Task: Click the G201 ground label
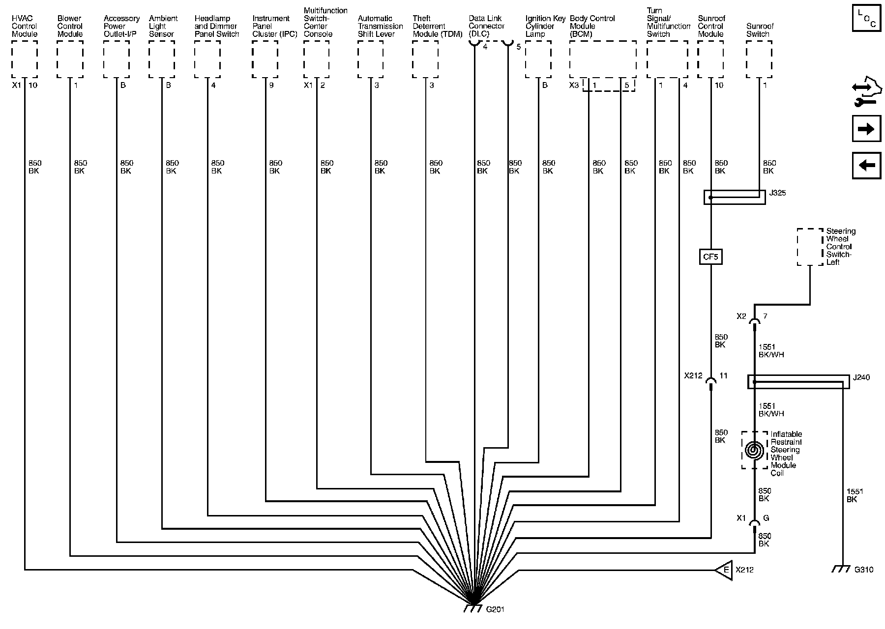coord(495,610)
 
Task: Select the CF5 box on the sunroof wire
coord(710,257)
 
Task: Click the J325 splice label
coord(777,193)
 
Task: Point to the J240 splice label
coord(861,377)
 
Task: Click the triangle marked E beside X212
coord(724,570)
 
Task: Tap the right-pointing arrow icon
coord(866,129)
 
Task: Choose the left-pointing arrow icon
coord(866,166)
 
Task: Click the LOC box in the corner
coord(866,19)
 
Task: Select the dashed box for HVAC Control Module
coord(25,59)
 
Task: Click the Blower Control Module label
coord(70,26)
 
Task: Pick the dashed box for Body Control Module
coord(603,59)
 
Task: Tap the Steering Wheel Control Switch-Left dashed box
coord(810,247)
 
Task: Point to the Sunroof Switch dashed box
coord(759,59)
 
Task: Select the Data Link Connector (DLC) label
coord(486,26)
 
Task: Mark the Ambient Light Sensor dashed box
coord(162,59)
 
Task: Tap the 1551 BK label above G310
coord(855,495)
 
